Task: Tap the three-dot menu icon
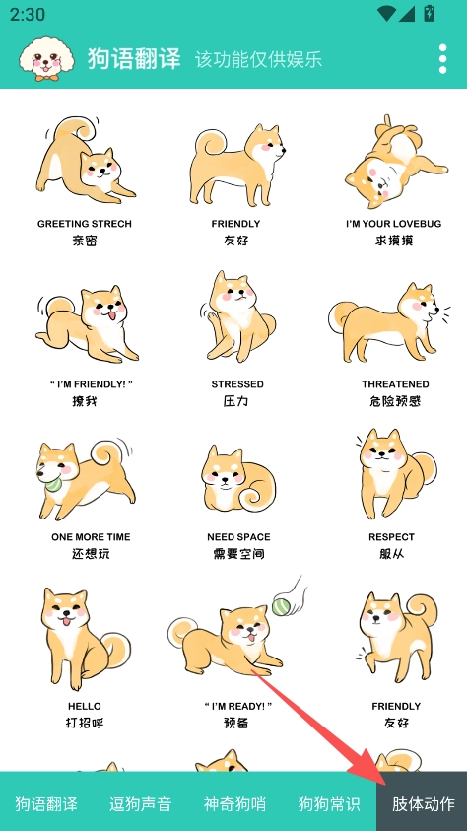[442, 59]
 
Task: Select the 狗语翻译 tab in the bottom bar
[46, 803]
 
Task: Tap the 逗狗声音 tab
[140, 803]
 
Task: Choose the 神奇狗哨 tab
[234, 803]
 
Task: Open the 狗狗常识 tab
[329, 803]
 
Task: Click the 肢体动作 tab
[423, 803]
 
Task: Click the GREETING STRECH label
[84, 224]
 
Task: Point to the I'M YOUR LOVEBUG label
[393, 224]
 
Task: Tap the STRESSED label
[237, 384]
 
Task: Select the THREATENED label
[395, 384]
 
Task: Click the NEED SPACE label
[238, 537]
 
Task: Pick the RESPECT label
[392, 537]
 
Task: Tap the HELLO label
[84, 706]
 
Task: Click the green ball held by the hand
[281, 606]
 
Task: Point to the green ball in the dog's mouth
[53, 483]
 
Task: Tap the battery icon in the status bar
[429, 13]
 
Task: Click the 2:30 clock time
[28, 14]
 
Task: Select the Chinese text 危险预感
[395, 401]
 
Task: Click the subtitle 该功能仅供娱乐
[258, 59]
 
